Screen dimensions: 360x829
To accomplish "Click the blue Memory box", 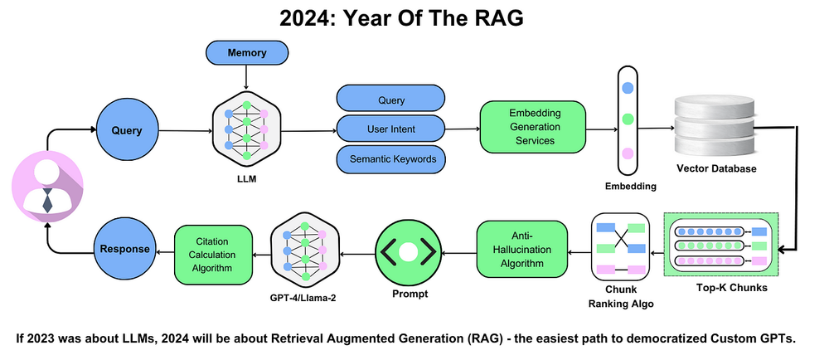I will [x=246, y=53].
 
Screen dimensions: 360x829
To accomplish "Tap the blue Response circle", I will [x=126, y=248].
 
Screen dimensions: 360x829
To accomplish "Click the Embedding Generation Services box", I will [x=532, y=128].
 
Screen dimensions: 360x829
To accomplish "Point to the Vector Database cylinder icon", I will [x=714, y=125].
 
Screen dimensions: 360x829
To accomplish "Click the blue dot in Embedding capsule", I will [x=628, y=87].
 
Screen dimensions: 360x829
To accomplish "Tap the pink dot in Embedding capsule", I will [x=628, y=153].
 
